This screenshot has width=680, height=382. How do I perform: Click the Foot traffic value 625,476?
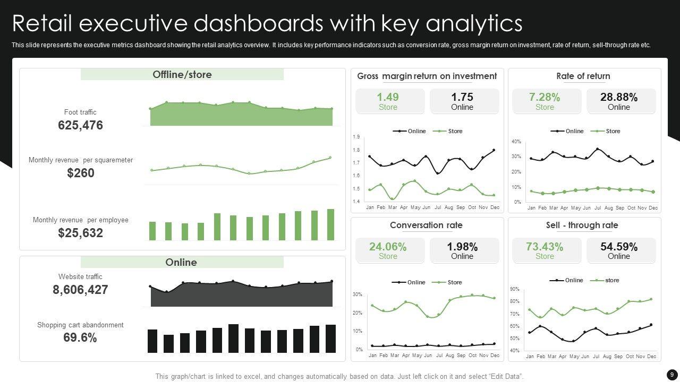pyautogui.click(x=80, y=126)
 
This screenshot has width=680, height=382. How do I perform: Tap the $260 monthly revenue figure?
pyautogui.click(x=81, y=173)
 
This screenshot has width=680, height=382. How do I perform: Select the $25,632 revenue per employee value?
pyautogui.click(x=80, y=233)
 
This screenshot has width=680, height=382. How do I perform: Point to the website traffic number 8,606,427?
pyautogui.click(x=80, y=290)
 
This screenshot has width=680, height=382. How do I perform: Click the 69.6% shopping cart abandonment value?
pyautogui.click(x=80, y=337)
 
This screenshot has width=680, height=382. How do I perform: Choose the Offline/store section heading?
pyautogui.click(x=182, y=75)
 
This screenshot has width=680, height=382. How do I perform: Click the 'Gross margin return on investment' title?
pyautogui.click(x=427, y=76)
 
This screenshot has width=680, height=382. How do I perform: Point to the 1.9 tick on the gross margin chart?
pyautogui.click(x=356, y=137)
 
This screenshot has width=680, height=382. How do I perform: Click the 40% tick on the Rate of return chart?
pyautogui.click(x=516, y=142)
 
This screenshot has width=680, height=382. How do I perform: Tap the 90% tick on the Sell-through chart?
pyautogui.click(x=514, y=289)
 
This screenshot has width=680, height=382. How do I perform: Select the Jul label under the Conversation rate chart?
pyautogui.click(x=439, y=355)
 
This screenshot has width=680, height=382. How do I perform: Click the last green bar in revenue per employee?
pyautogui.click(x=330, y=224)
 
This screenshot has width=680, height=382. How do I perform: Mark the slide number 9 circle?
pyautogui.click(x=671, y=375)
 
